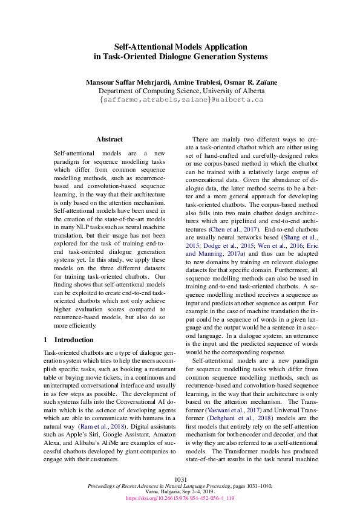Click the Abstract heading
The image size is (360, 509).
pos(109,139)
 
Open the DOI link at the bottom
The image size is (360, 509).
pos(180,499)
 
